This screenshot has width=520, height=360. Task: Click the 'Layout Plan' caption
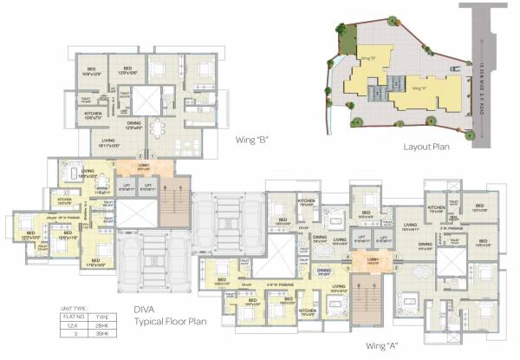click(x=428, y=147)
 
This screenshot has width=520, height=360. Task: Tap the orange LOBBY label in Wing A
click(x=373, y=259)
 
